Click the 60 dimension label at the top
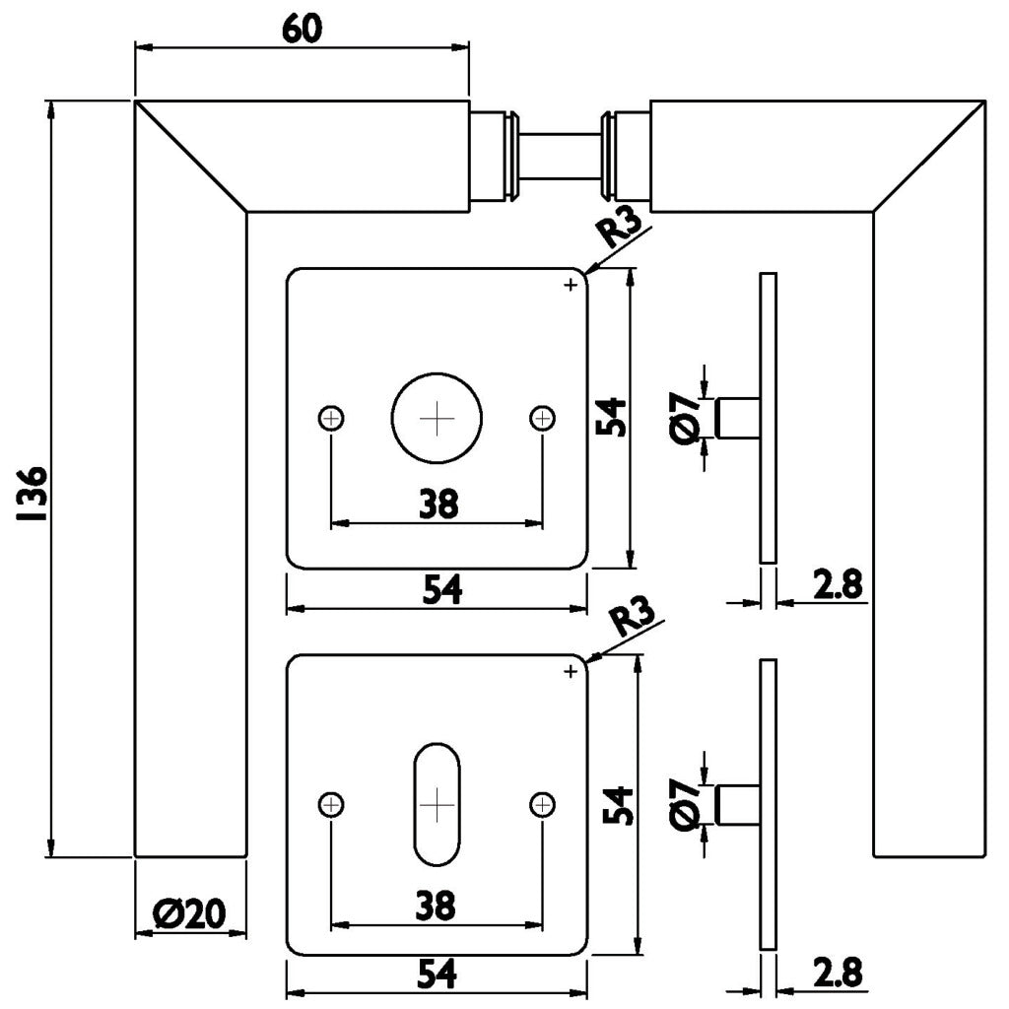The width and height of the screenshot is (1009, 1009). click(302, 30)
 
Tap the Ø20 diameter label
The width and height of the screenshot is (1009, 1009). click(189, 916)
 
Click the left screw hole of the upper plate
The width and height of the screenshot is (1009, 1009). click(332, 419)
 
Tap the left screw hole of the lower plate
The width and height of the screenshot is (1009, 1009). click(332, 805)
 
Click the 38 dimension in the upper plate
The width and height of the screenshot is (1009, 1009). click(437, 504)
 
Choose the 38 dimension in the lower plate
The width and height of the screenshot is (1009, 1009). click(437, 905)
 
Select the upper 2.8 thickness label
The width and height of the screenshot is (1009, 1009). click(838, 585)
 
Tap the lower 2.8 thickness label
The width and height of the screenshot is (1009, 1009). click(838, 974)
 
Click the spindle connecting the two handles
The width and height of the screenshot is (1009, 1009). click(559, 157)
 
